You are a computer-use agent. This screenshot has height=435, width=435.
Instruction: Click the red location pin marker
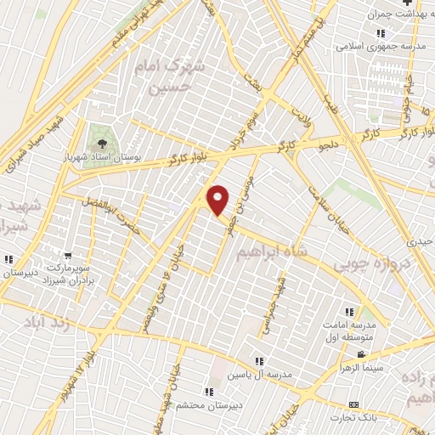pos(218,201)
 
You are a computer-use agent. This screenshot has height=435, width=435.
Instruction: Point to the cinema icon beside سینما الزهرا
pos(361,354)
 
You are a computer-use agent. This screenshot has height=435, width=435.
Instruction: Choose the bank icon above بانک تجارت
pos(353,404)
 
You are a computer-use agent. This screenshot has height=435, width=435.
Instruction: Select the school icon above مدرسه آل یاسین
pos(259,361)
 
